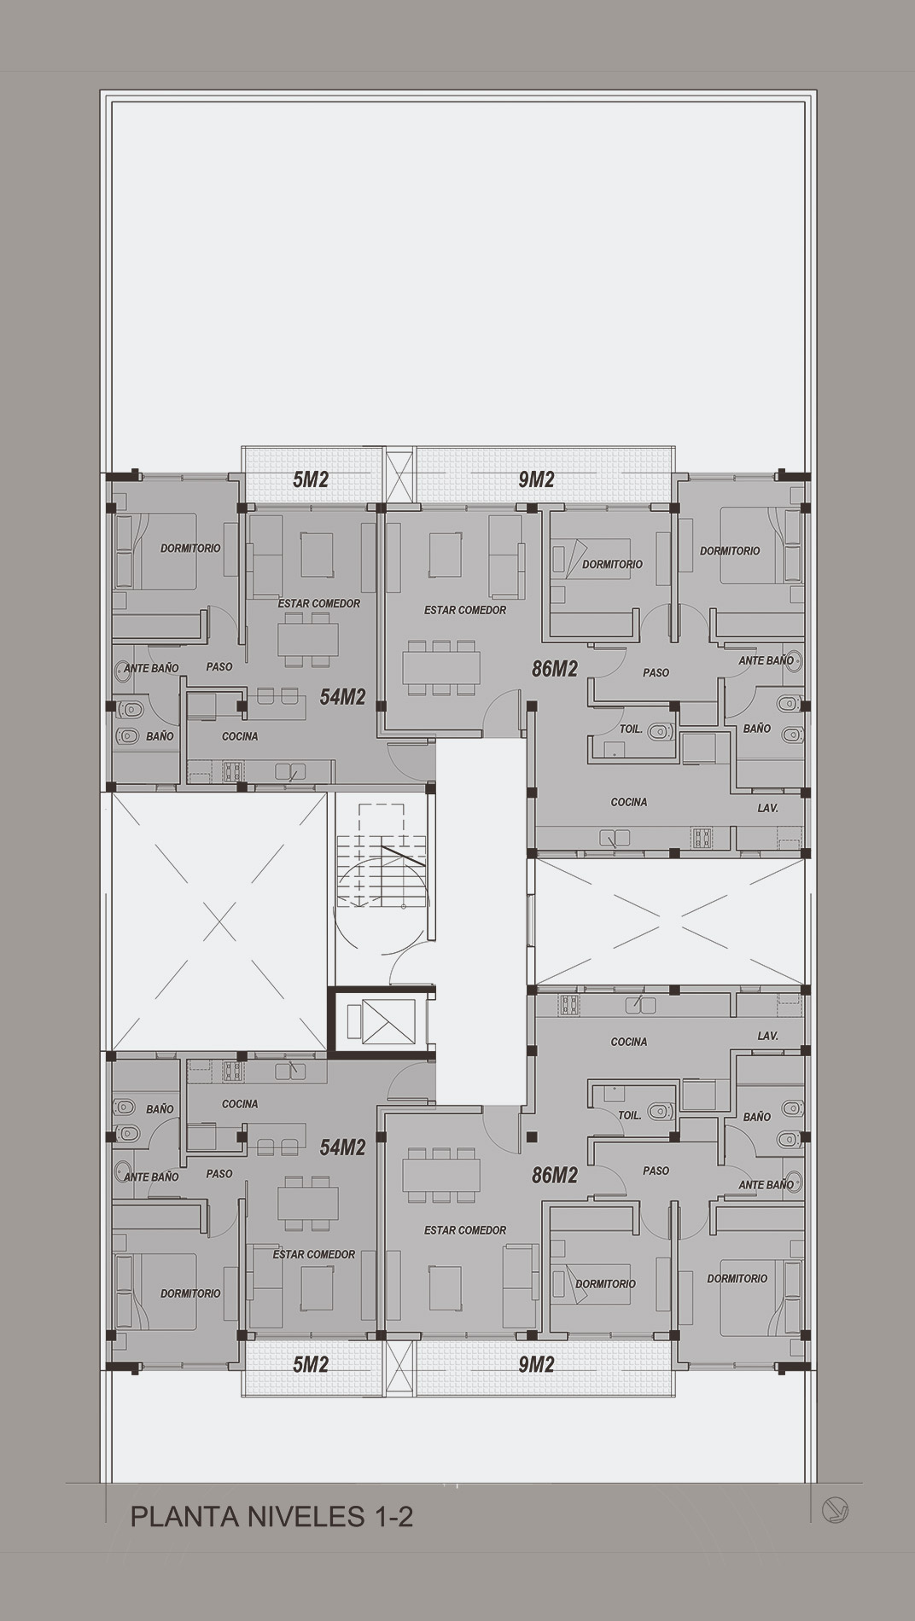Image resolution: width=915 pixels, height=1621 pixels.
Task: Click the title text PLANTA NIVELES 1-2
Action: [x=271, y=1516]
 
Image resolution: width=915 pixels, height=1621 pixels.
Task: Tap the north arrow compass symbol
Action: [x=835, y=1510]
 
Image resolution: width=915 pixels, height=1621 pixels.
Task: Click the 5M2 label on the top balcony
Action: [x=311, y=479]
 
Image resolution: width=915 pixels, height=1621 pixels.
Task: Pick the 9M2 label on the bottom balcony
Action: [x=536, y=1364]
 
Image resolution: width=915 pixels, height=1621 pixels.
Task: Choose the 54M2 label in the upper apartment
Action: [x=342, y=697]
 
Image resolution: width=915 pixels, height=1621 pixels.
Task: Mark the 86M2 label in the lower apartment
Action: [x=555, y=1176]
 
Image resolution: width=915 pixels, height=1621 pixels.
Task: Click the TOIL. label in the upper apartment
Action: [x=630, y=730]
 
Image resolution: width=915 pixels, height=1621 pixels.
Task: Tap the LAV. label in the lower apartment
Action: [x=767, y=1036]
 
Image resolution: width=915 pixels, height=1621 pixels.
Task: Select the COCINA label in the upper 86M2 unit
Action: [x=629, y=802]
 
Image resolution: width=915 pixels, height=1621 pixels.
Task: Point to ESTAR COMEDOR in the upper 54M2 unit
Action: [x=319, y=603]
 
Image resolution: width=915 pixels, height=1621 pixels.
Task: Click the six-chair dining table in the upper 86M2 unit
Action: [x=441, y=668]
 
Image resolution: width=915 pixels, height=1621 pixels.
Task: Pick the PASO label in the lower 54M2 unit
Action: [x=219, y=1174]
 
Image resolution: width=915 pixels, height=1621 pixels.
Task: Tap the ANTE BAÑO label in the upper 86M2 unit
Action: [x=766, y=660]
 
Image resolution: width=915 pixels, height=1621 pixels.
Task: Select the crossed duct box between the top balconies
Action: [x=399, y=476]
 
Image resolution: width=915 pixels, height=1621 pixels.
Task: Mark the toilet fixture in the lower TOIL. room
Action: [x=660, y=1111]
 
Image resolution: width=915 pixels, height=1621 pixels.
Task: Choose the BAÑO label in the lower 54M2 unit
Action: [x=160, y=1109]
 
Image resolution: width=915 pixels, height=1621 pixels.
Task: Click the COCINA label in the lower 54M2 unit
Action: [x=240, y=1104]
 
